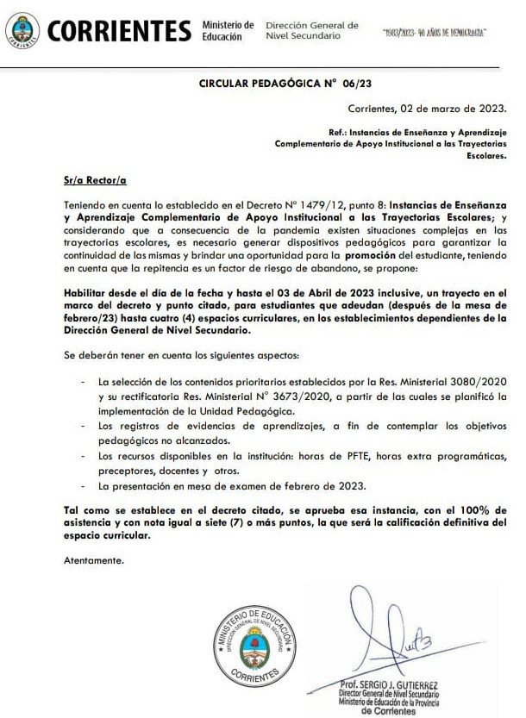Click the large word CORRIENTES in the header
point(119,31)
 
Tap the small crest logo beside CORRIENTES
point(22,31)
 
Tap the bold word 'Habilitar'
point(88,293)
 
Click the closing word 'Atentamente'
point(94,561)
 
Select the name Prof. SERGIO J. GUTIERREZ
point(391,685)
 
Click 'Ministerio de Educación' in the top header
point(227,31)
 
